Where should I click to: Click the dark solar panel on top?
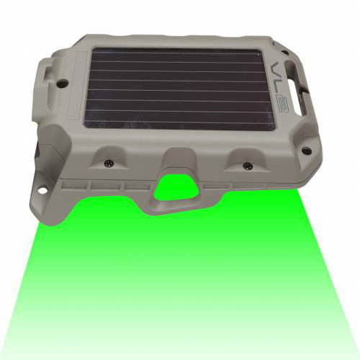click(x=179, y=89)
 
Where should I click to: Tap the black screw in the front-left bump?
click(x=109, y=163)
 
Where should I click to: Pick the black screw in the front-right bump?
click(x=248, y=165)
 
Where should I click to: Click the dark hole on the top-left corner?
click(x=63, y=83)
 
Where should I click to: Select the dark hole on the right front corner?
click(x=307, y=151)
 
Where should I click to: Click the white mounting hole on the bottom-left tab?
click(x=42, y=191)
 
